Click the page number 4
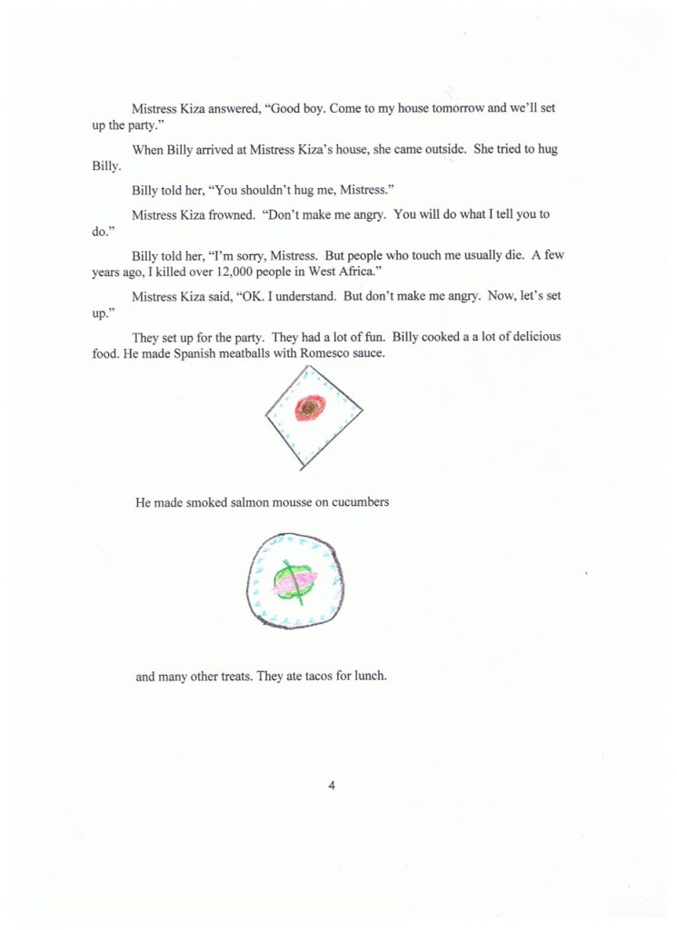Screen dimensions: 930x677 tap(333, 786)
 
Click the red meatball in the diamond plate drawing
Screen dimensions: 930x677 tap(310, 409)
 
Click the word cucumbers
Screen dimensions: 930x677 tap(360, 501)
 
